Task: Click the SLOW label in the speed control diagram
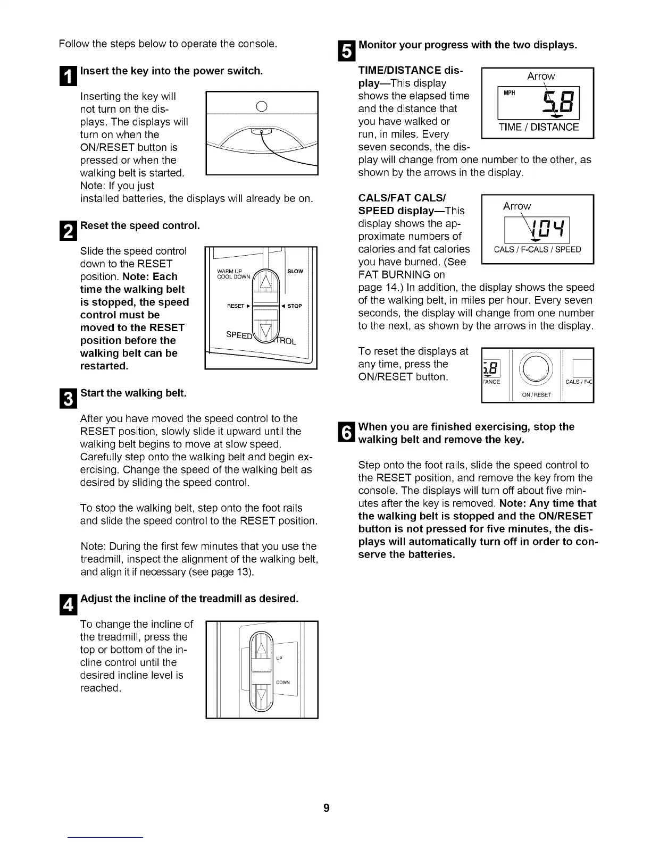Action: (x=295, y=271)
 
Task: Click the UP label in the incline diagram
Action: (x=279, y=658)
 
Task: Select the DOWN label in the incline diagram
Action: (x=282, y=683)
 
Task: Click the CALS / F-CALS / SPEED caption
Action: (x=537, y=250)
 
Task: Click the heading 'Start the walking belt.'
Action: (x=133, y=393)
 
